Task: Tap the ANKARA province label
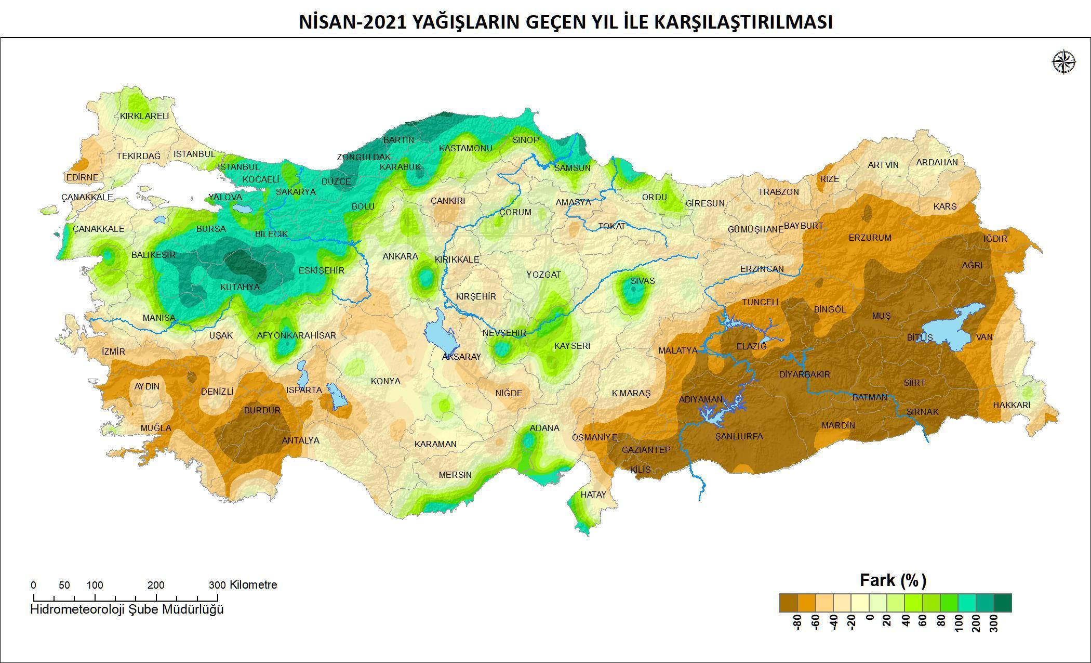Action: click(x=400, y=256)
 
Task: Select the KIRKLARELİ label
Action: click(x=144, y=116)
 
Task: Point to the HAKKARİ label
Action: click(x=1011, y=405)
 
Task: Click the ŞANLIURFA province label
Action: click(x=739, y=436)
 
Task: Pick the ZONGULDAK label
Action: click(x=364, y=157)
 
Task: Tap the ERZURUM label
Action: click(x=870, y=238)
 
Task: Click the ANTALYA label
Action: click(x=300, y=440)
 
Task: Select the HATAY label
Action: click(x=593, y=495)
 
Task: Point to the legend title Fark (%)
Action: click(x=893, y=580)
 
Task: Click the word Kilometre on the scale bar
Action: click(x=253, y=584)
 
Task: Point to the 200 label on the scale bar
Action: click(x=156, y=585)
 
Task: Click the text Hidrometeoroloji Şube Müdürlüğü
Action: click(x=127, y=609)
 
